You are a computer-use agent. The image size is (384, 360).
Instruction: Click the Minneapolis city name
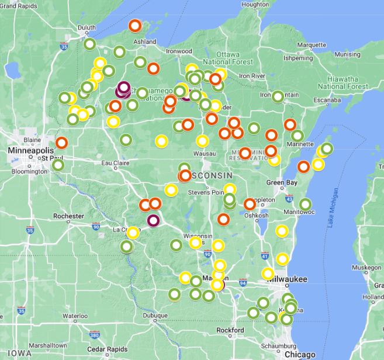click(x=30, y=150)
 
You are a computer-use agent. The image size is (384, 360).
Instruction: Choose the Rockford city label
click(x=230, y=330)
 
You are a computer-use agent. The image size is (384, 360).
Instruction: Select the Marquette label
click(x=312, y=44)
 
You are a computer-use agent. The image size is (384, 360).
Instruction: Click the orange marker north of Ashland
click(x=135, y=26)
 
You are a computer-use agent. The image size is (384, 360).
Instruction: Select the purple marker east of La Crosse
click(x=153, y=220)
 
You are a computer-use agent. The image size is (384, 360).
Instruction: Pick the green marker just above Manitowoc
click(x=305, y=204)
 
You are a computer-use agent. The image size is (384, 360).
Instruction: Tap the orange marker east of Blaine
click(x=62, y=143)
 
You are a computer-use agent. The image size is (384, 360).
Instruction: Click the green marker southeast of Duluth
click(x=89, y=44)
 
